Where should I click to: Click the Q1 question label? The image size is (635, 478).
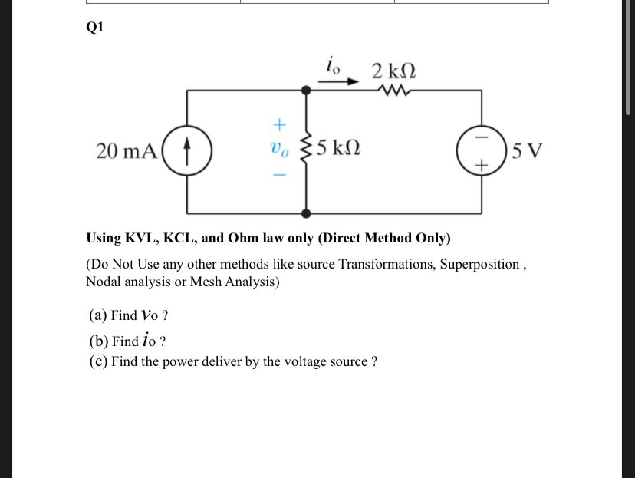tap(94, 27)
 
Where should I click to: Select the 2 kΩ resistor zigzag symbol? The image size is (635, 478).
tap(394, 91)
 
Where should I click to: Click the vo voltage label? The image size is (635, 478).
tap(280, 147)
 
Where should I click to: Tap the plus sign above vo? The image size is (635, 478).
tap(280, 123)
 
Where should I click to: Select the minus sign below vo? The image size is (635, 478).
tap(280, 175)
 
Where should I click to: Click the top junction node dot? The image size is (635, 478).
tap(306, 91)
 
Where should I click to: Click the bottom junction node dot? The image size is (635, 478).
tap(306, 213)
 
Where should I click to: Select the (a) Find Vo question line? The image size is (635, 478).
tap(129, 315)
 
